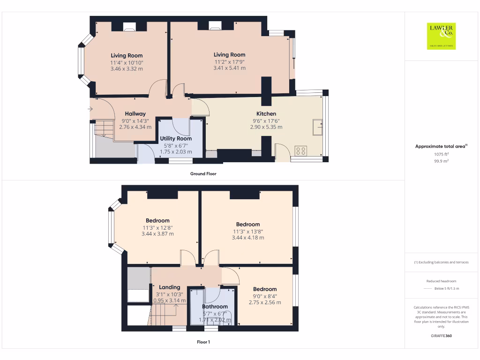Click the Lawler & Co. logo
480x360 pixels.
[x=441, y=36]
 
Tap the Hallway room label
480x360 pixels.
[x=135, y=114]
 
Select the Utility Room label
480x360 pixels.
[x=176, y=139]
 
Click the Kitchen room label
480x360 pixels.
[x=266, y=114]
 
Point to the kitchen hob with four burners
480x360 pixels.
[x=301, y=151]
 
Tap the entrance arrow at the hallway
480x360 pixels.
[x=90, y=109]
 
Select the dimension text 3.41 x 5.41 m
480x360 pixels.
[x=229, y=68]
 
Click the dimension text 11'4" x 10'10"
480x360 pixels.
[x=127, y=62]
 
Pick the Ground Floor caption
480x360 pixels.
[x=203, y=174]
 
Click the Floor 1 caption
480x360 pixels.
[x=203, y=342]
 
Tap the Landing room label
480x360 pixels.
[x=169, y=287]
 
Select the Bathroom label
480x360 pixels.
[x=215, y=307]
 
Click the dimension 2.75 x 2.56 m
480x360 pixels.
[x=265, y=302]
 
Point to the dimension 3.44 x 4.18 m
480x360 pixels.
[x=248, y=238]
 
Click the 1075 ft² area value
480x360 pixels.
[x=441, y=154]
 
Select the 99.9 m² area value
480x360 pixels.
[x=441, y=161]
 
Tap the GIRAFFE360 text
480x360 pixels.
[x=441, y=336]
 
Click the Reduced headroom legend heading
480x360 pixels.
[x=441, y=282]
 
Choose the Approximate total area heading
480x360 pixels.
[x=441, y=147]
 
